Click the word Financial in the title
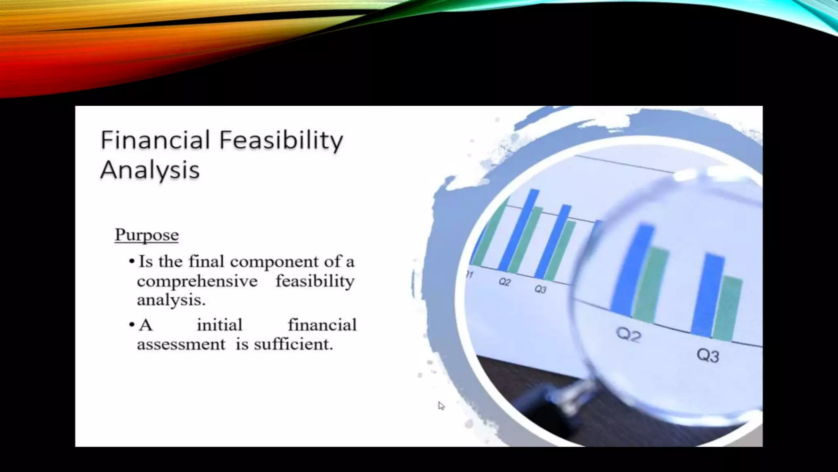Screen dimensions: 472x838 (155, 140)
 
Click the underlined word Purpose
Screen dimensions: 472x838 (146, 235)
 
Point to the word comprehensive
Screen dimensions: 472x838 (197, 281)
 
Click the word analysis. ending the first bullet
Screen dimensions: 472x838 (171, 300)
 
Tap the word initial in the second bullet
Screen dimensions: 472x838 (220, 325)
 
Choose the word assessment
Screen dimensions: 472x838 (181, 344)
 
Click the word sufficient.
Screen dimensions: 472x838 (293, 344)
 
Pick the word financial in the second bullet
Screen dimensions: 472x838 (322, 325)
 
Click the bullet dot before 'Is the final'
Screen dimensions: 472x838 (131, 261)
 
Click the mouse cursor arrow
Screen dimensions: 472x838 (441, 406)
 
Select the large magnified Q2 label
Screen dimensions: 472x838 (628, 335)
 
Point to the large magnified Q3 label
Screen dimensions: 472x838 (708, 355)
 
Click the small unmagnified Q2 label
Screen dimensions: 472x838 (505, 282)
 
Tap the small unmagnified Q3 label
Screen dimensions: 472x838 (540, 289)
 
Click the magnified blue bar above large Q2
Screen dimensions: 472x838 (632, 270)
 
